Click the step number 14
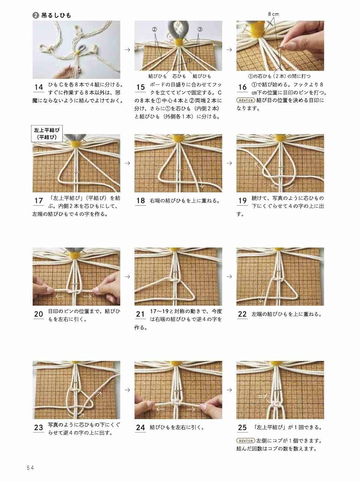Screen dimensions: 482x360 (x=39, y=87)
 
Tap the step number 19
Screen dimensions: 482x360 (x=242, y=201)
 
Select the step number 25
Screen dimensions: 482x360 (x=242, y=427)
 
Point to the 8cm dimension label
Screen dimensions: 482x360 (x=273, y=14)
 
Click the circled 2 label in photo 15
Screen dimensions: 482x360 (x=154, y=29)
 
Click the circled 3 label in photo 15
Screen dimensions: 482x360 (x=200, y=29)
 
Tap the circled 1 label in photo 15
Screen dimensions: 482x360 (x=189, y=60)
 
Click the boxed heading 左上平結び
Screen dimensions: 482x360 (x=48, y=133)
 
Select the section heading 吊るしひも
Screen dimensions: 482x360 (x=56, y=15)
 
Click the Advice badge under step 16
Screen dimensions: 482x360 (x=246, y=100)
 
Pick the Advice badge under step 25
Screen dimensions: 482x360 (x=246, y=441)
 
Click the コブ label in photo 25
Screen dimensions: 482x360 (x=262, y=396)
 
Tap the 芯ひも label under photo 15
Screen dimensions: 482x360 (x=179, y=76)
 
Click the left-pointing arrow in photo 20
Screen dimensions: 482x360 (x=59, y=296)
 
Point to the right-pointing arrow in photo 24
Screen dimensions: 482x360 (x=191, y=409)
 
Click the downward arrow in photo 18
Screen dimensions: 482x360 (x=202, y=182)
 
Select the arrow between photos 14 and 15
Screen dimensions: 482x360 (x=127, y=50)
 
